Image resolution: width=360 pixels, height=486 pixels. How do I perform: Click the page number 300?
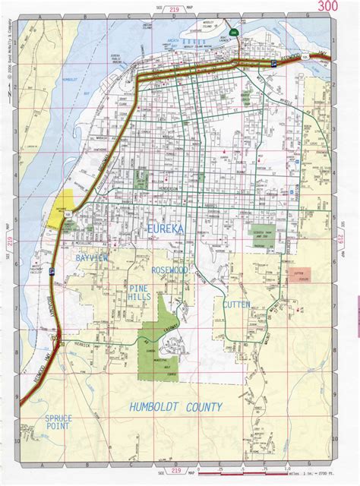point(328,7)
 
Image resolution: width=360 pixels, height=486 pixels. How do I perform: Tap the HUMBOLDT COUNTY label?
point(175,407)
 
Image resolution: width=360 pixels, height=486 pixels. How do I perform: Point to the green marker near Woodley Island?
point(234,33)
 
